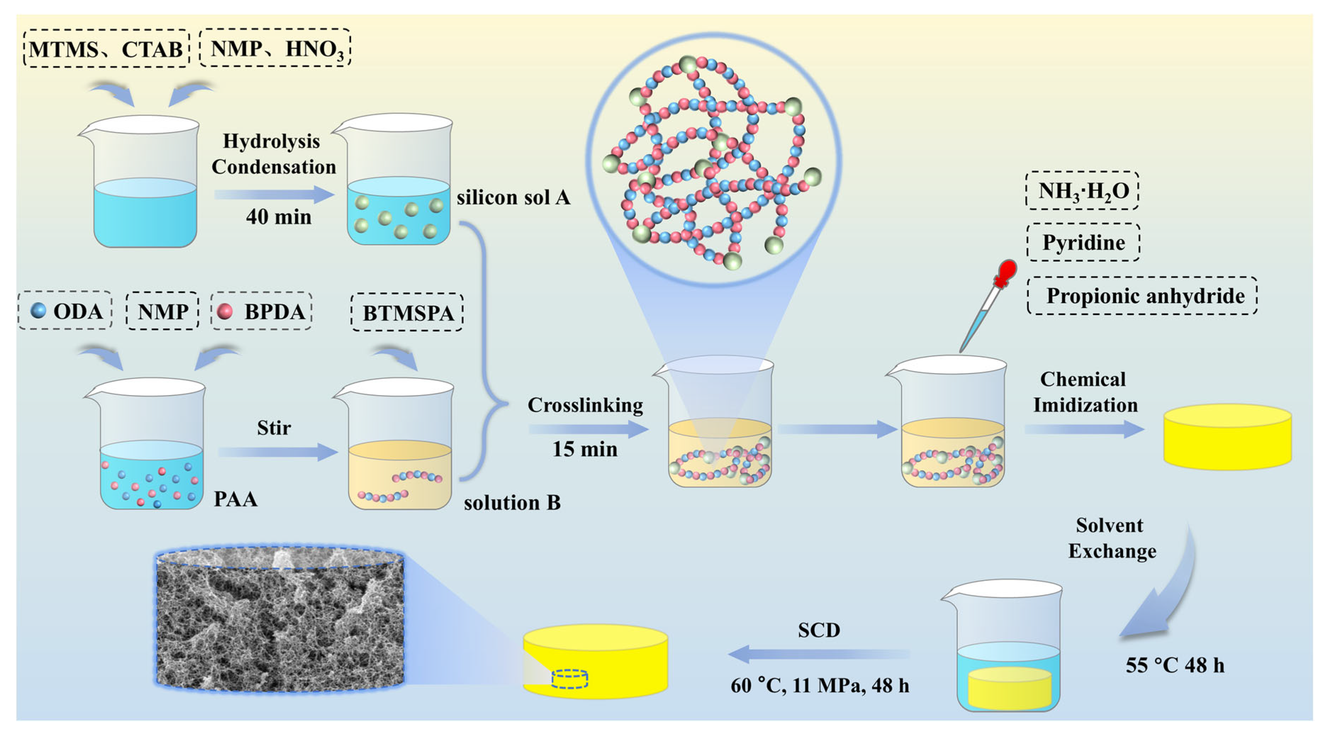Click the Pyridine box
point(1083,242)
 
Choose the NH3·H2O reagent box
point(1082,191)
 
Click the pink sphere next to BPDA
point(225,311)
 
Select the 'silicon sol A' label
point(513,197)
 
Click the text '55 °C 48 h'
point(1175,665)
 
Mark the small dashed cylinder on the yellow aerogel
point(569,679)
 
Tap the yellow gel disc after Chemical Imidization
point(1227,437)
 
